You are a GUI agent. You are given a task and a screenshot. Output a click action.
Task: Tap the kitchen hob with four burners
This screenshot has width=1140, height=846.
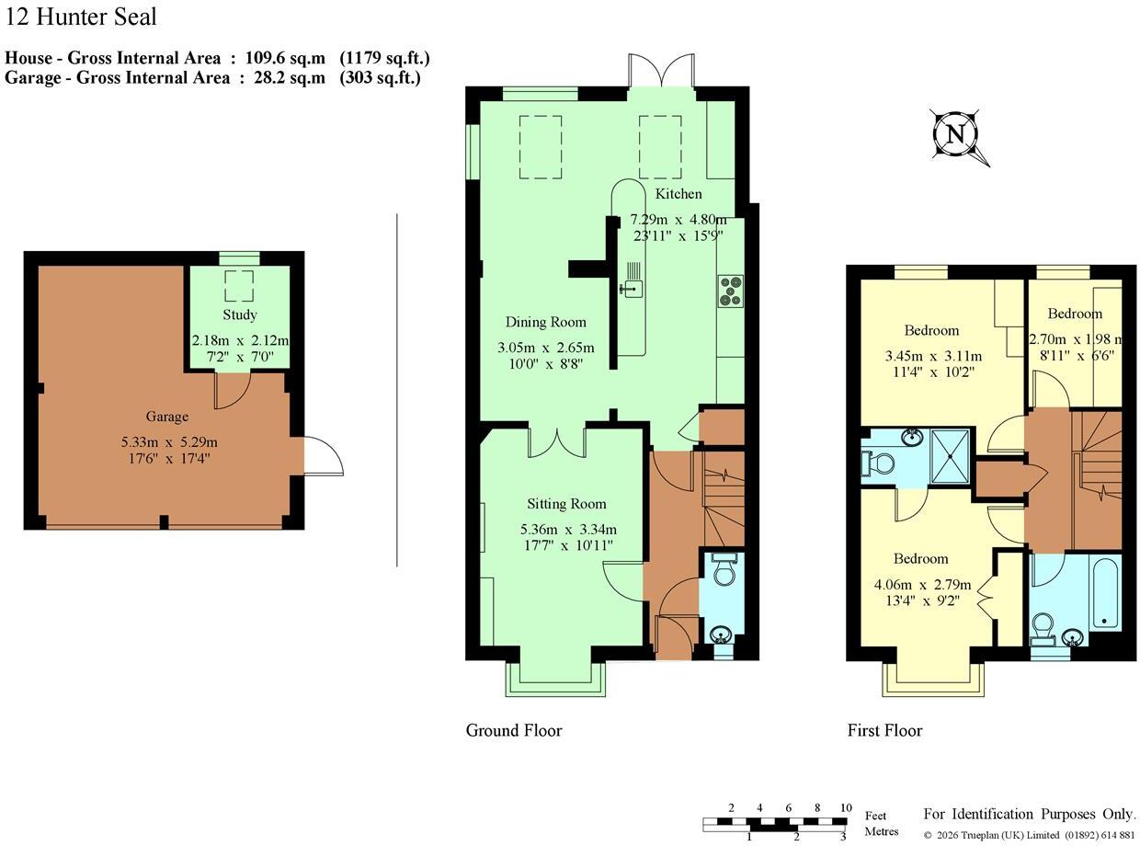point(730,292)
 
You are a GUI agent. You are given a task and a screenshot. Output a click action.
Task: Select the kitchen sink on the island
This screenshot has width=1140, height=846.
point(631,288)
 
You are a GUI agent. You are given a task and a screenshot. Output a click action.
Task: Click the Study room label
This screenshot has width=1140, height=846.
point(240,314)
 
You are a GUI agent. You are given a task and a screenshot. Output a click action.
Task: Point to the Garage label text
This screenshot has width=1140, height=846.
point(167,416)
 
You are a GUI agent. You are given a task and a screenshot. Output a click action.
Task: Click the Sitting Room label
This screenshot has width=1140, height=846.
point(566,504)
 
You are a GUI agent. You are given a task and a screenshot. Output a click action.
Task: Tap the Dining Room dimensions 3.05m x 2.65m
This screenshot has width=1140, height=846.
point(546,348)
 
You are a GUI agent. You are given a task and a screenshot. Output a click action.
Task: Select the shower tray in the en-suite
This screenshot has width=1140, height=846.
point(950,457)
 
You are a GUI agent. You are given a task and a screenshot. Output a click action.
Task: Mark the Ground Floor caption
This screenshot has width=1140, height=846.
point(514,730)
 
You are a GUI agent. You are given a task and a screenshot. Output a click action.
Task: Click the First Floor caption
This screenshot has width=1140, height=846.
point(884,730)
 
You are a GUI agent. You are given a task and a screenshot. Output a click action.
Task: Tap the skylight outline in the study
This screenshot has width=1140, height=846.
point(239,285)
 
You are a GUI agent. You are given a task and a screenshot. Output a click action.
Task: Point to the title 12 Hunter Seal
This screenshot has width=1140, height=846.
point(80,17)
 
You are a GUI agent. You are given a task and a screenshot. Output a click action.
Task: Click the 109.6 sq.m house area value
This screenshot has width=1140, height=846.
point(285,58)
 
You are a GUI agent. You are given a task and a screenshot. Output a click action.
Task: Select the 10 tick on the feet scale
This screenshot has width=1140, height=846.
point(846,807)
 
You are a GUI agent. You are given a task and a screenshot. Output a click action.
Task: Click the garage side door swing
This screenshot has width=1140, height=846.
point(324,456)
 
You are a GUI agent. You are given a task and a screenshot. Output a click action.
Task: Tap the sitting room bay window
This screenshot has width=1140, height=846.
point(555,679)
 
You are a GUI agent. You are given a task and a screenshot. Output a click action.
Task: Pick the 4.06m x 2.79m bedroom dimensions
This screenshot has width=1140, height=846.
point(923,585)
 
